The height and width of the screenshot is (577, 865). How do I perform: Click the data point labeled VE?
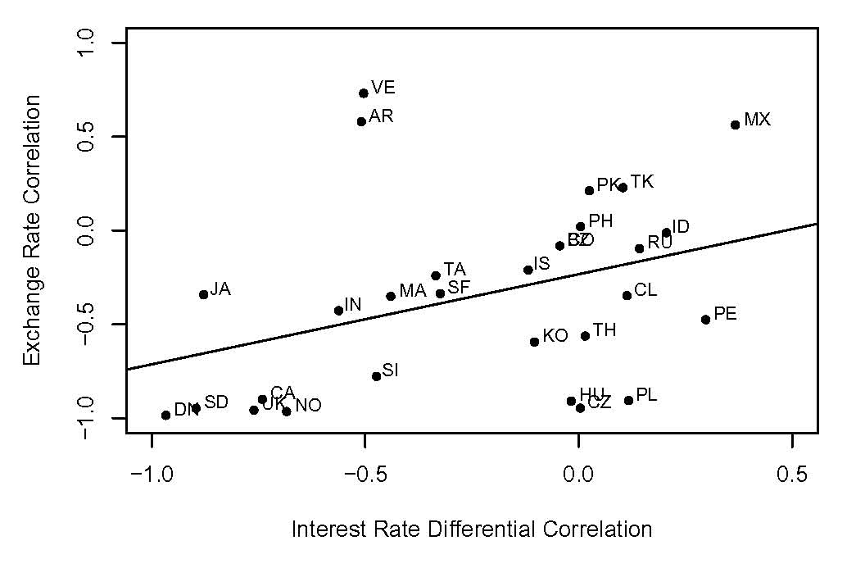tap(364, 93)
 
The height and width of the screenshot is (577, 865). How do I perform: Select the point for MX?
tap(736, 125)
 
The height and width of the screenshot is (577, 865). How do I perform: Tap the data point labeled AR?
tap(361, 121)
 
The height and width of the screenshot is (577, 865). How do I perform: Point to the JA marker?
tap(204, 294)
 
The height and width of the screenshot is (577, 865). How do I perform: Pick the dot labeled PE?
tap(705, 320)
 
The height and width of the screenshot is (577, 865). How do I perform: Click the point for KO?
tap(534, 342)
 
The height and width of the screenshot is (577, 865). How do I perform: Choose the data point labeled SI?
tap(377, 376)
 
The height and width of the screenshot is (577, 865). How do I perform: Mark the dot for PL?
tap(629, 400)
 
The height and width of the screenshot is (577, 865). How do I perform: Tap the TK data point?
tap(623, 188)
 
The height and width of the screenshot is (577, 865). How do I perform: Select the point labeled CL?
tap(627, 295)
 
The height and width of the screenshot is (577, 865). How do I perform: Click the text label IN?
tap(353, 305)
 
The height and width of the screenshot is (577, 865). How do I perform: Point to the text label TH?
tap(605, 330)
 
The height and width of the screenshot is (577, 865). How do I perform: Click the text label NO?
tap(308, 405)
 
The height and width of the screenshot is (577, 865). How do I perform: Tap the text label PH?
tap(600, 220)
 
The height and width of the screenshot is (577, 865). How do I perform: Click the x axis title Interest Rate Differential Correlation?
tap(472, 529)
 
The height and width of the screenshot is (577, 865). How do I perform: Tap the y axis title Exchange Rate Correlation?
tap(32, 230)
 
